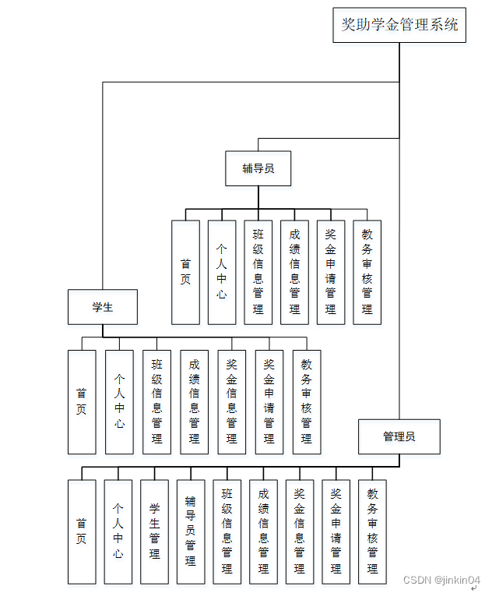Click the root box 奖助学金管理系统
tap(399, 25)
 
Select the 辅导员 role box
tap(258, 168)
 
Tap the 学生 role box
tap(102, 307)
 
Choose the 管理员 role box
tap(399, 436)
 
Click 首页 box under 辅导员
tap(185, 272)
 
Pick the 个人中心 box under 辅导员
tap(222, 272)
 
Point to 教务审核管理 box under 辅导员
tap(367, 272)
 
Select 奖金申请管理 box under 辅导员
tap(331, 272)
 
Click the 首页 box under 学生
tap(82, 402)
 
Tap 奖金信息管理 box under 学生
tap(231, 402)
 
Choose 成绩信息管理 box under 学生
tap(194, 402)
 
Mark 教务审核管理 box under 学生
tap(306, 402)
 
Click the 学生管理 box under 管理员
tap(154, 531)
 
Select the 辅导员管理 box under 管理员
tap(191, 531)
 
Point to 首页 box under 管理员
tap(82, 531)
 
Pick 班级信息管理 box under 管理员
tap(227, 531)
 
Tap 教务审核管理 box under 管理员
tap(372, 531)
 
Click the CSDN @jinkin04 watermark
tap(441, 581)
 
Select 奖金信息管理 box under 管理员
tap(300, 531)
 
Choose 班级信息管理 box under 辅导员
tap(258, 272)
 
